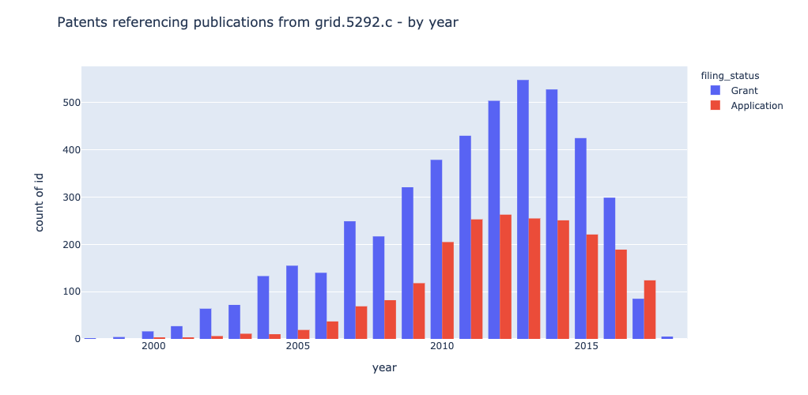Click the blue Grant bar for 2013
523,209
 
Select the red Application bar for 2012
505,276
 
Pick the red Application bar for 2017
650,309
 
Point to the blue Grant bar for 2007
349,280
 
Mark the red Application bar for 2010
447,290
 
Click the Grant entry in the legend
743,91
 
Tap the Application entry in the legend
756,106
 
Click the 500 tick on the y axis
70,103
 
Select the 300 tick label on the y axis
70,197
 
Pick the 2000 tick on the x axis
153,347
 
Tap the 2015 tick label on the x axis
586,347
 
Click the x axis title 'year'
384,368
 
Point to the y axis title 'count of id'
40,202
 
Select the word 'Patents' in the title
84,23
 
